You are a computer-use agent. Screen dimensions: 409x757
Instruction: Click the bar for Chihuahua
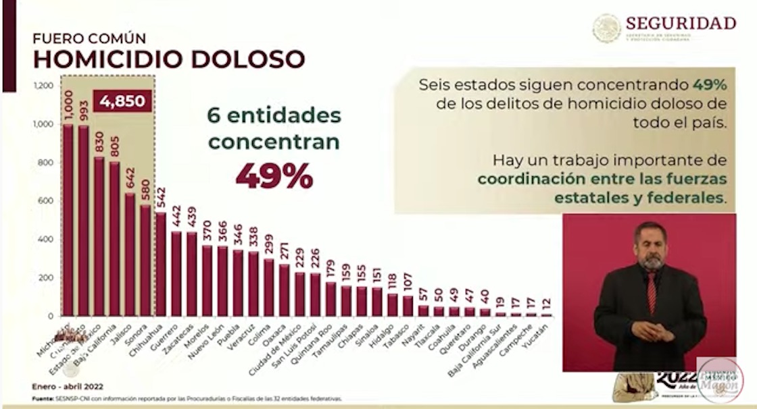[x=161, y=265]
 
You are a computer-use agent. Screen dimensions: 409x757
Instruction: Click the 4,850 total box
[x=123, y=101]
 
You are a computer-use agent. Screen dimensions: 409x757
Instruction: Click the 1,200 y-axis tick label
[x=42, y=86]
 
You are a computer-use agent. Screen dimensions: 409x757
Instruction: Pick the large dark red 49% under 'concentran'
[x=274, y=175]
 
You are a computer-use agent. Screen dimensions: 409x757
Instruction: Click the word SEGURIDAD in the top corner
[x=681, y=23]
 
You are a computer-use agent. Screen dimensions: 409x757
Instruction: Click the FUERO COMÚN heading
[x=89, y=38]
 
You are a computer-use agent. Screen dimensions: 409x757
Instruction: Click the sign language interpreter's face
[x=651, y=246]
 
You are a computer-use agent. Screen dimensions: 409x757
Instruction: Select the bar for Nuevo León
[x=222, y=281]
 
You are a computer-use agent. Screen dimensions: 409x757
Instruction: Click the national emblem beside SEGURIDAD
[x=606, y=28]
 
